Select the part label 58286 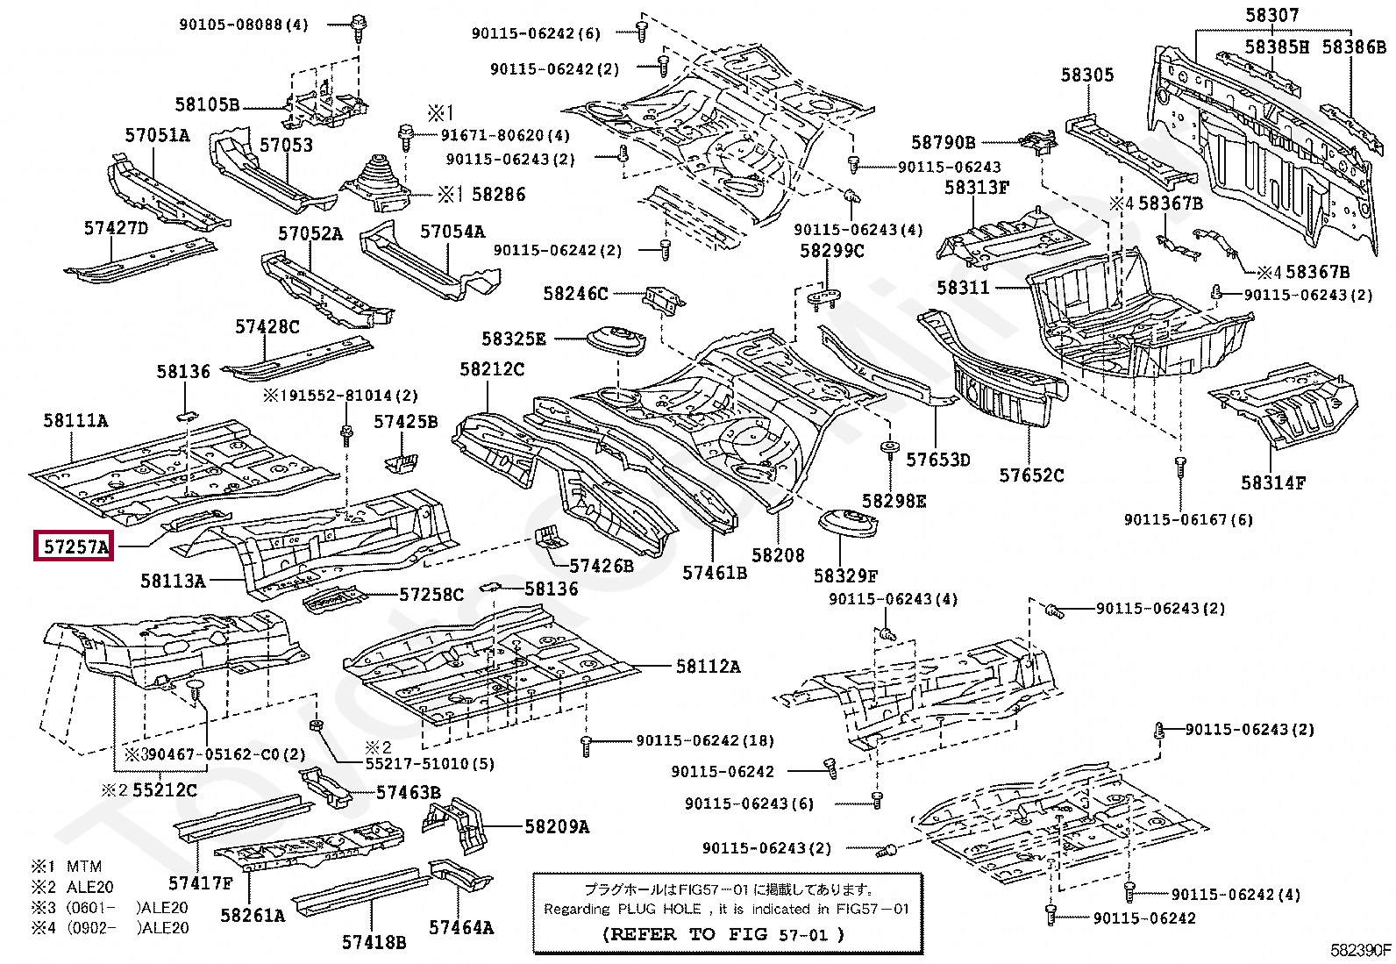498,194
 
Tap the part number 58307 1271,15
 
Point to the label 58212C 492,370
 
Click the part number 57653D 937,460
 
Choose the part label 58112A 708,667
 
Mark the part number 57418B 374,942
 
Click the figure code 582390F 1360,950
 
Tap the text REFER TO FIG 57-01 724,934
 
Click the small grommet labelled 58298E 889,449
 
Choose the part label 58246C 575,294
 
